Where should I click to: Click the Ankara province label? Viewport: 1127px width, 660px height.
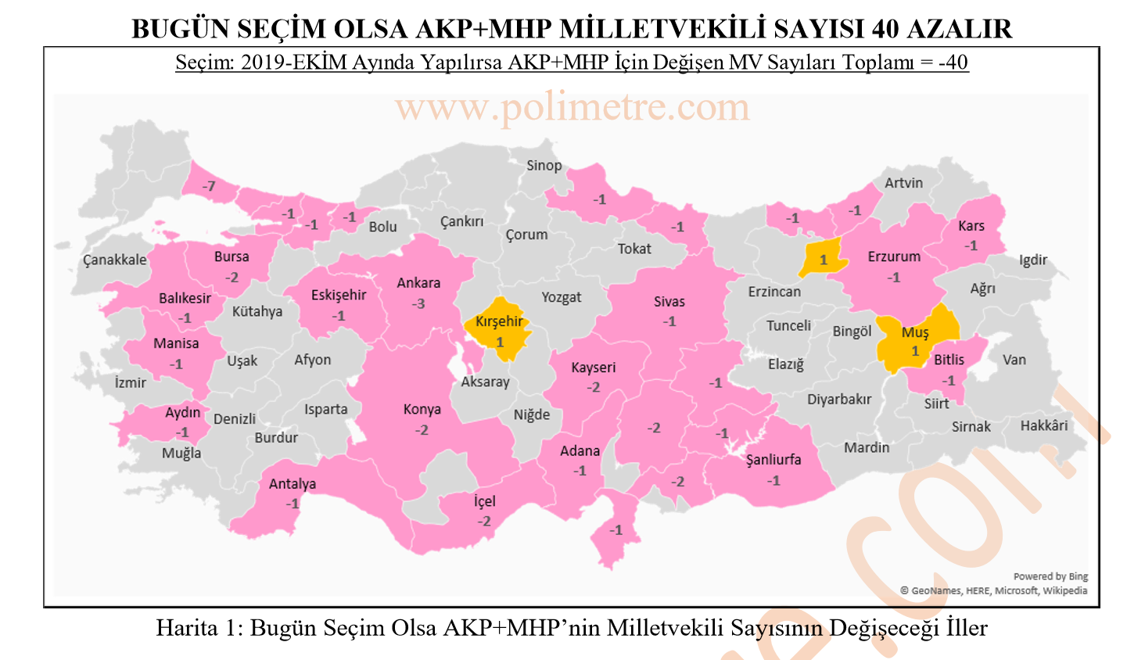click(x=418, y=283)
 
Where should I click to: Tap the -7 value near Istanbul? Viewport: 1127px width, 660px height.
click(x=208, y=187)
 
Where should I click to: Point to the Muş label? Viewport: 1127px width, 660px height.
click(x=915, y=332)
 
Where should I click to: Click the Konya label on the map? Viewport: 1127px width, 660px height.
click(x=422, y=410)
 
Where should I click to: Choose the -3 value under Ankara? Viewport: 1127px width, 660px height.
click(x=419, y=303)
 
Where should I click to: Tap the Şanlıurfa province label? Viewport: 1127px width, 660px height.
click(x=773, y=460)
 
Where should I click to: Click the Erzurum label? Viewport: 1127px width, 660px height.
click(x=894, y=256)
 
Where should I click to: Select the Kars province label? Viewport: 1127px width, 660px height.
click(x=971, y=226)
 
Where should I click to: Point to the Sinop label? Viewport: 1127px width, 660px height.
click(x=544, y=166)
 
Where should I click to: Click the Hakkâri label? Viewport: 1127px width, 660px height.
click(x=1043, y=426)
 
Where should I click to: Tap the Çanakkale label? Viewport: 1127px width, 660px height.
click(x=115, y=260)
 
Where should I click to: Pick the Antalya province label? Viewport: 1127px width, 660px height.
click(x=293, y=484)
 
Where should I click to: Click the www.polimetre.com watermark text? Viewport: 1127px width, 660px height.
click(x=572, y=107)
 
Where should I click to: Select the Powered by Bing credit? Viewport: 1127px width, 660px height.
click(x=1050, y=576)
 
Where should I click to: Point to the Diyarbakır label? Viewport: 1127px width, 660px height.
click(x=839, y=400)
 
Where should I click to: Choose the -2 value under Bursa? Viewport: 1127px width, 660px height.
click(x=232, y=278)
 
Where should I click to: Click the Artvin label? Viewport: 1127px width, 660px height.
click(x=903, y=183)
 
